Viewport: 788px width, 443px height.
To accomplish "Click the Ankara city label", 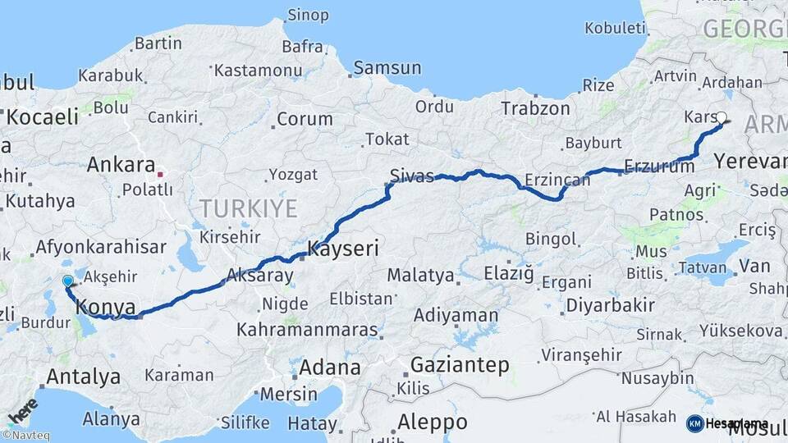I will click(x=121, y=164).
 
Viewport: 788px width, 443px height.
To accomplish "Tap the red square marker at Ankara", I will click(x=161, y=174).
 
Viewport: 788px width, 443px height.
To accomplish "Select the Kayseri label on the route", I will click(x=343, y=248).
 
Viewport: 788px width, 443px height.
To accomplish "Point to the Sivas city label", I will click(x=412, y=176).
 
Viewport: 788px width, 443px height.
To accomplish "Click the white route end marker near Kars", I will click(x=722, y=117).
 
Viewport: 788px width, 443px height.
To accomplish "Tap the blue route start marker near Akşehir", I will click(x=68, y=281).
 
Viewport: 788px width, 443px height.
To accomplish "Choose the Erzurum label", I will click(x=653, y=166).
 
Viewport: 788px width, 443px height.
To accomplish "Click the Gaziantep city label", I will click(x=460, y=364).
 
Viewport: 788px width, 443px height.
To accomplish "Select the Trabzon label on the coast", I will click(x=535, y=108).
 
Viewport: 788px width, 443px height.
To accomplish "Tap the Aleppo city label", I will click(x=433, y=422).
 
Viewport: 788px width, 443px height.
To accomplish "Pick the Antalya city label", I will click(x=84, y=377).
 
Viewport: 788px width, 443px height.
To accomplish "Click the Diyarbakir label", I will click(x=610, y=306).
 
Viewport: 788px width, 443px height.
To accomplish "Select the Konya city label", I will click(x=105, y=308).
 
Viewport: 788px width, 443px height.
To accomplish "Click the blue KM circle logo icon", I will click(x=694, y=423).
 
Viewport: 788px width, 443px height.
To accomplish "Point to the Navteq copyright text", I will click(x=25, y=436).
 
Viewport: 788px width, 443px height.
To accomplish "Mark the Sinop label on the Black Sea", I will click(x=308, y=15).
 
